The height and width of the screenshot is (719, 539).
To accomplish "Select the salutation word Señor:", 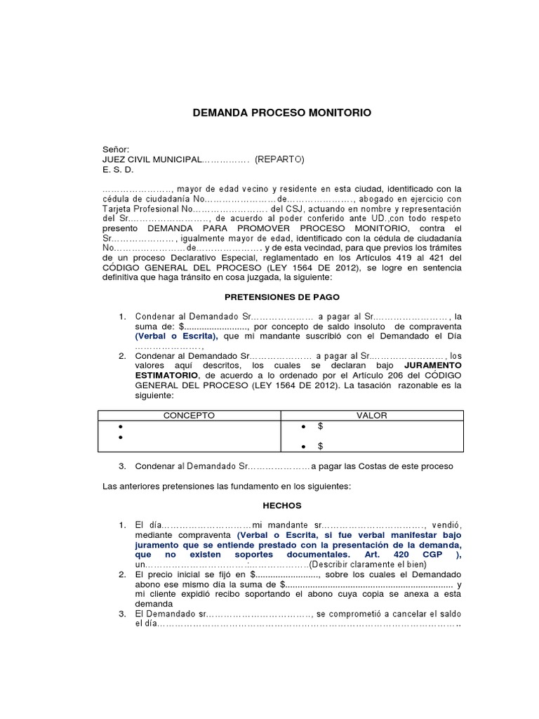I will [117, 150].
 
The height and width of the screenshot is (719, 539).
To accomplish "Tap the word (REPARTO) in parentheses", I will [279, 159].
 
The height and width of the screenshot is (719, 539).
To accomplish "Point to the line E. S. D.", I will [118, 170].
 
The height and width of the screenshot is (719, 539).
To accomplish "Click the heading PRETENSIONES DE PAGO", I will [281, 297].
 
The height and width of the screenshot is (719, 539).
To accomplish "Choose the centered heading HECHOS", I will [282, 505].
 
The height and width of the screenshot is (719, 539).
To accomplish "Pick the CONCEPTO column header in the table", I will [189, 416].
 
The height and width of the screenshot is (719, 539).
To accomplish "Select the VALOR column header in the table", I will [371, 416].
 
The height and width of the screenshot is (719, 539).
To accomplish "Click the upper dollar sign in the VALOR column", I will [320, 426].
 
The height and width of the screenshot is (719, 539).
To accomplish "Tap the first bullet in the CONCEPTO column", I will [121, 427].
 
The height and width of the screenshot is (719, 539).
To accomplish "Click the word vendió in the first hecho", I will [448, 525].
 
